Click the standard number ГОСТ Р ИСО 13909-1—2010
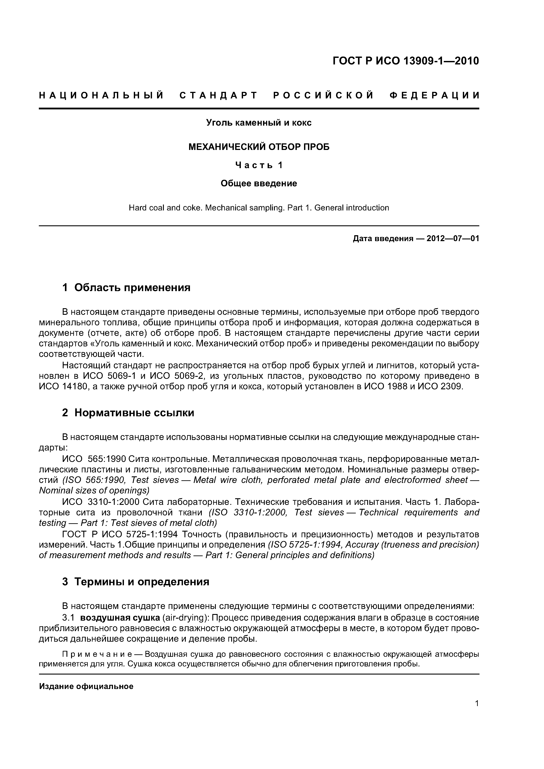click(x=406, y=61)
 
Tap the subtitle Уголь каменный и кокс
click(x=259, y=123)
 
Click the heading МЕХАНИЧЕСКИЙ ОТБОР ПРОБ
click(x=259, y=147)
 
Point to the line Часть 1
click(x=259, y=165)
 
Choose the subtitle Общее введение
click(x=259, y=183)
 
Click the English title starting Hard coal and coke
click(x=259, y=208)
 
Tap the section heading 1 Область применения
click(x=126, y=287)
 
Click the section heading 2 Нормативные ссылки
click(x=128, y=413)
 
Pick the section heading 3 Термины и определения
click(x=136, y=582)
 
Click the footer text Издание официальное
click(x=86, y=686)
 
